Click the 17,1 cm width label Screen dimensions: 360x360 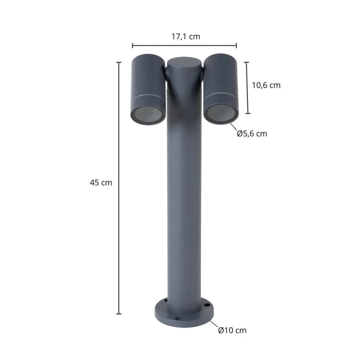tap(185, 36)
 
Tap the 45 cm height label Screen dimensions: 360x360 tap(101, 182)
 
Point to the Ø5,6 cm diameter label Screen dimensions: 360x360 tap(252, 134)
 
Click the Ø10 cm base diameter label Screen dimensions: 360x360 tap(232, 330)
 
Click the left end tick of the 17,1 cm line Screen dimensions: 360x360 tap(132, 46)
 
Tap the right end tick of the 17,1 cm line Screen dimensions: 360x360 tap(236, 46)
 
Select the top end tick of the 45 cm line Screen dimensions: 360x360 tap(119, 62)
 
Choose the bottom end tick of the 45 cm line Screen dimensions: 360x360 tap(119, 314)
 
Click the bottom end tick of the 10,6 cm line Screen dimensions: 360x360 tap(248, 113)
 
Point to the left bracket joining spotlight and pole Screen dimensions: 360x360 tap(166, 75)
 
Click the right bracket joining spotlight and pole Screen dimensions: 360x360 tap(202, 75)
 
